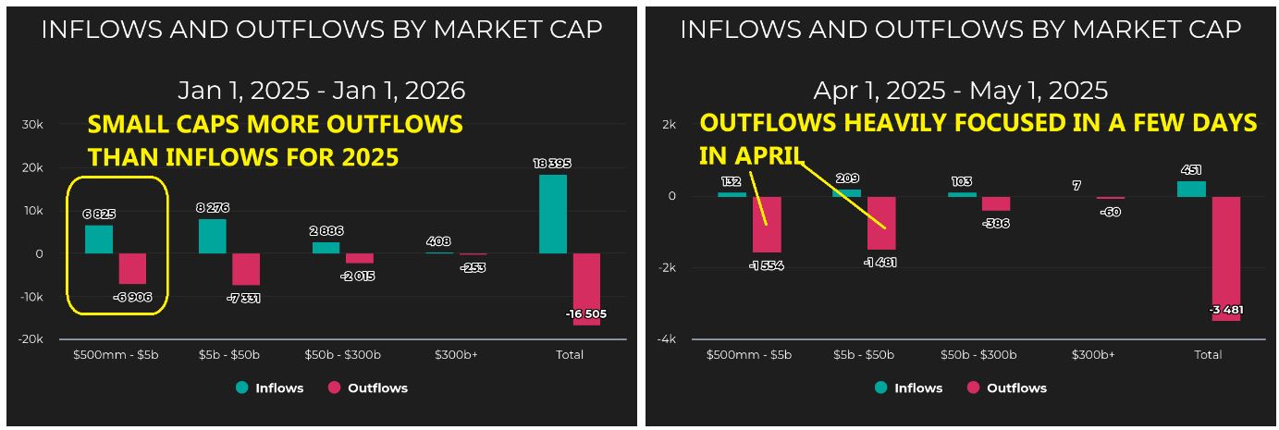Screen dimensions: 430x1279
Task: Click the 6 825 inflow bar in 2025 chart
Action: click(99, 239)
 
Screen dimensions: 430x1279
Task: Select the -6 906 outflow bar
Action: click(132, 268)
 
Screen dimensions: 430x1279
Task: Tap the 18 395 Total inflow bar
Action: click(552, 214)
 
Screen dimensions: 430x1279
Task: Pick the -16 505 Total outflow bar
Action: click(586, 289)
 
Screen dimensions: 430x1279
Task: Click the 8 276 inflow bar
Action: click(212, 236)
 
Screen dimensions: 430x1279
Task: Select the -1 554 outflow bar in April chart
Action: click(767, 225)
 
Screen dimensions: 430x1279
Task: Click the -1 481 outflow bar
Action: click(880, 223)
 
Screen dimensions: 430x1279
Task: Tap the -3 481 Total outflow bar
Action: click(1225, 258)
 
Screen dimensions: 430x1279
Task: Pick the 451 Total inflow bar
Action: click(1191, 189)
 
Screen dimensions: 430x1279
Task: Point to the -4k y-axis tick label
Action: click(666, 339)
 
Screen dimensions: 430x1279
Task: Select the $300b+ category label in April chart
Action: click(1093, 355)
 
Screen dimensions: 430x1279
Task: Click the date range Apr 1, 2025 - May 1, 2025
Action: click(960, 91)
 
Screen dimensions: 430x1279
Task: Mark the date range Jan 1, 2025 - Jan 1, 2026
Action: click(321, 91)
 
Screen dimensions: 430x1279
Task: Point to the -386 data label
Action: click(996, 223)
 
